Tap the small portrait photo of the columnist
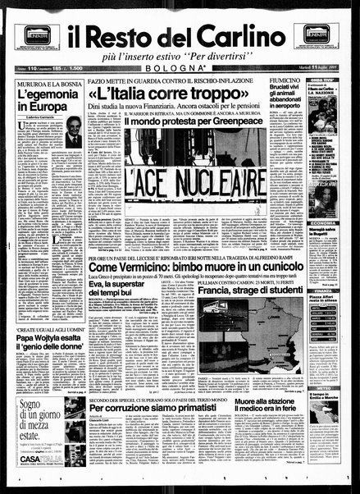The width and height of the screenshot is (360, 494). point(74,131)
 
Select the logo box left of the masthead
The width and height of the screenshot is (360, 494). point(38,34)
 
